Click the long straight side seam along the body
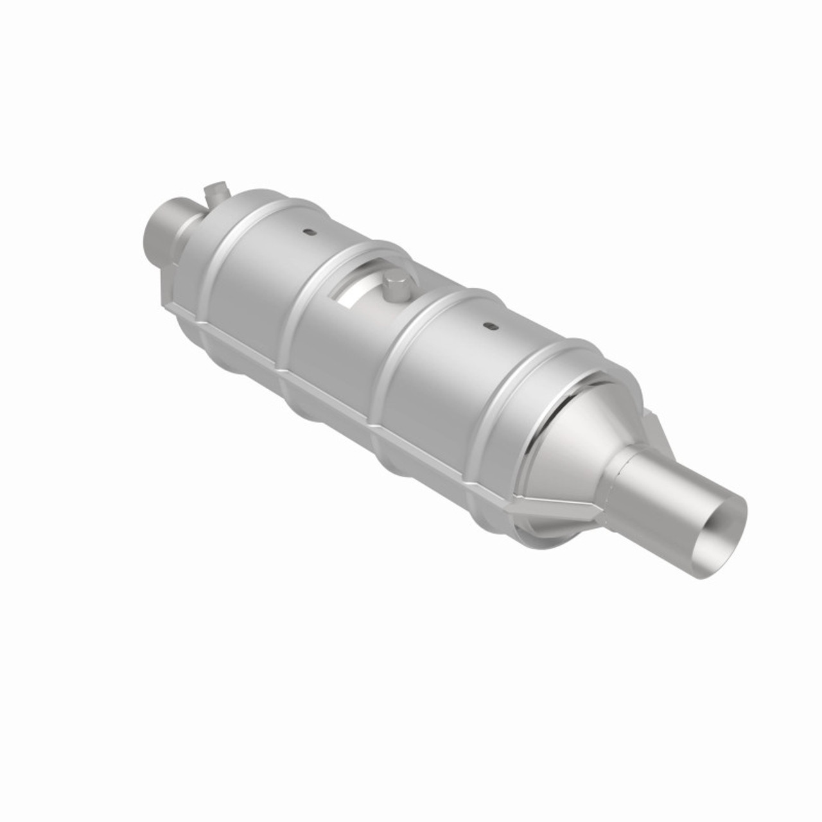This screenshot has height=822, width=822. point(360,398)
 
